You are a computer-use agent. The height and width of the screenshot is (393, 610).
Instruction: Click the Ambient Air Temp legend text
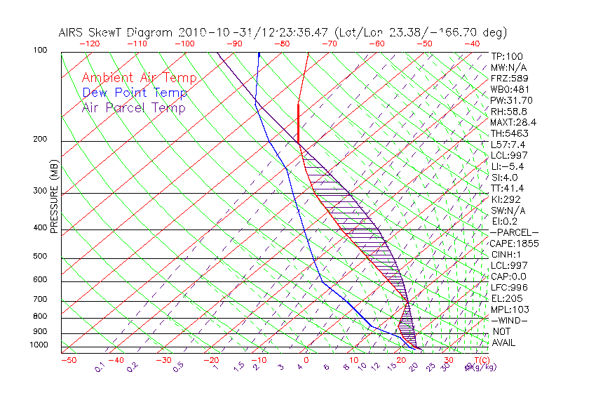[139, 78]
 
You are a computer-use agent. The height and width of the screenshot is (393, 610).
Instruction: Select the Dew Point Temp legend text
[135, 93]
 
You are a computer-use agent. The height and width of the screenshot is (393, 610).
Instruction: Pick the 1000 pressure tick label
[40, 345]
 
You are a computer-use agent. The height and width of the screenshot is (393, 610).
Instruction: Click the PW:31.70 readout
[511, 100]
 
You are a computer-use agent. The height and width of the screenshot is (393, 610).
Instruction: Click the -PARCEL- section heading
[514, 232]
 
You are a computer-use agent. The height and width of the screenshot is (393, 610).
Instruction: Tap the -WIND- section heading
[510, 320]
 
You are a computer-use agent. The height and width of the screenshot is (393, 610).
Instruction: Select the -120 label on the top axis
[90, 44]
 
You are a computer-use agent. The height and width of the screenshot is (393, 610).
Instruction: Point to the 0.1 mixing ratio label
[100, 367]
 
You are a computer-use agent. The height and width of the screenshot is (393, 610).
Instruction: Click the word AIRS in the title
[72, 33]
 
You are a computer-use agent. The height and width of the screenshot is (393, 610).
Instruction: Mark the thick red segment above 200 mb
[299, 123]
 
